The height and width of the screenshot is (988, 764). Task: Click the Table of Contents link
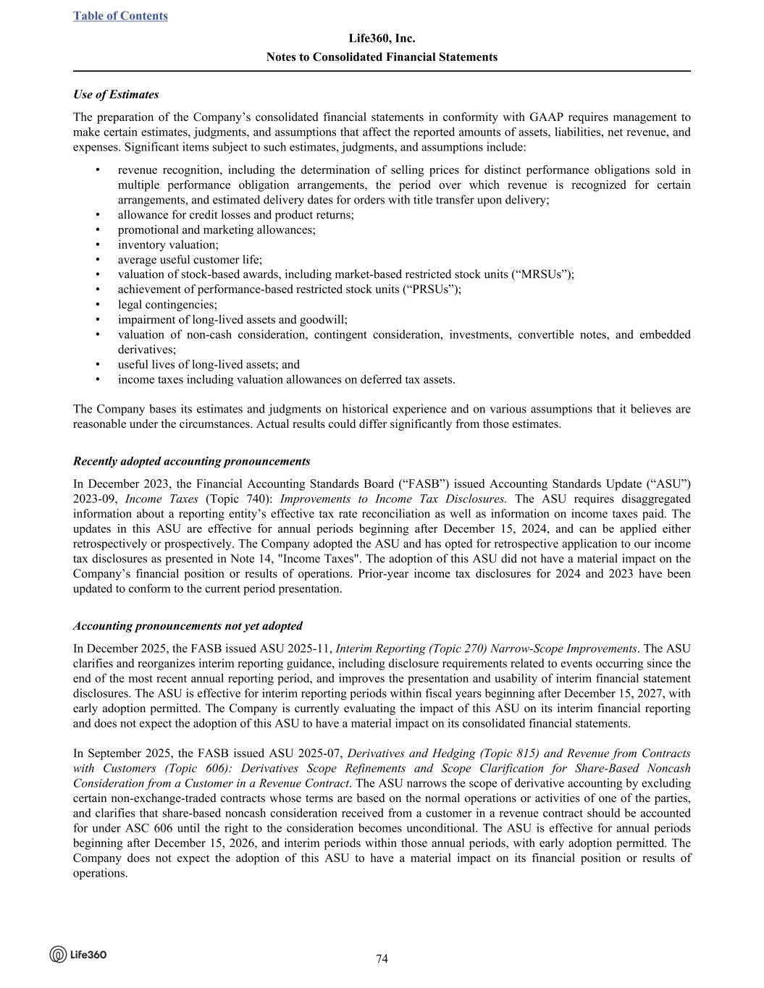point(120,16)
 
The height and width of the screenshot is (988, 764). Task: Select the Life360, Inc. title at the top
point(382,38)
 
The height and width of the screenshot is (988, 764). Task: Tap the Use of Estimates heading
point(116,95)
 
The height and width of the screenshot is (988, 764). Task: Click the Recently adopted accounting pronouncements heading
point(192,462)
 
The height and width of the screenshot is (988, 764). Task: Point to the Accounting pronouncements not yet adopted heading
point(188,626)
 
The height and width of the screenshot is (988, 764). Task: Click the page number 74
point(382,959)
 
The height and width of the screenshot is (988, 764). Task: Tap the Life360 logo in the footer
point(78,954)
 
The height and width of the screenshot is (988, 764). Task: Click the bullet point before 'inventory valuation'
point(97,245)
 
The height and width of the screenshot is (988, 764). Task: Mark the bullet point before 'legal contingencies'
point(97,305)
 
